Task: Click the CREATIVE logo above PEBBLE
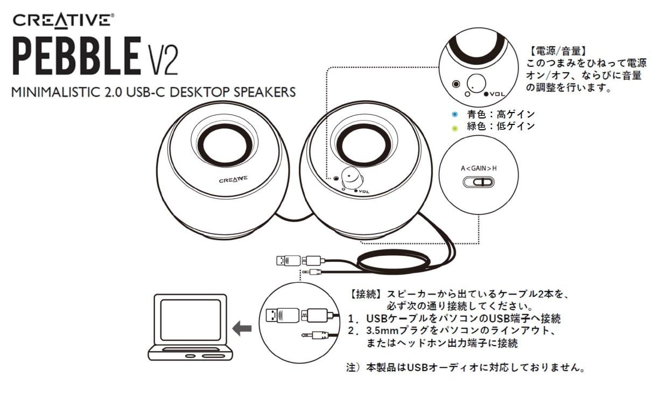coord(63,21)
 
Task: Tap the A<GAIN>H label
coord(479,168)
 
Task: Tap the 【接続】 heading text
coord(366,295)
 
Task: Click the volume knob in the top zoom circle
coord(476,84)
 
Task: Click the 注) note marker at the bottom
coord(353,368)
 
